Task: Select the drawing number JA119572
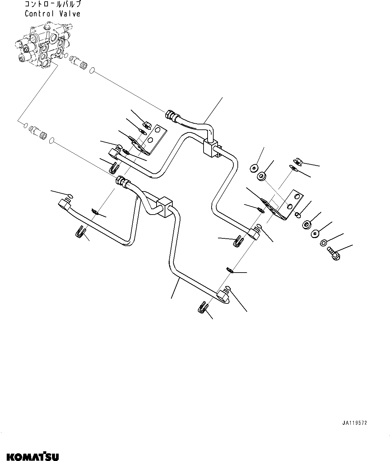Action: (x=354, y=423)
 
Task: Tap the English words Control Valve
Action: (x=52, y=14)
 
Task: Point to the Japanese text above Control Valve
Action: (x=52, y=4)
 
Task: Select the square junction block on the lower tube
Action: (x=165, y=204)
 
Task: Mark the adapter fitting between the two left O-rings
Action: (x=39, y=130)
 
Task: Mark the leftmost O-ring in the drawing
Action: (x=25, y=125)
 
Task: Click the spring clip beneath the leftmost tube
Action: (x=80, y=232)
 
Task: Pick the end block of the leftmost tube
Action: (x=64, y=203)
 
